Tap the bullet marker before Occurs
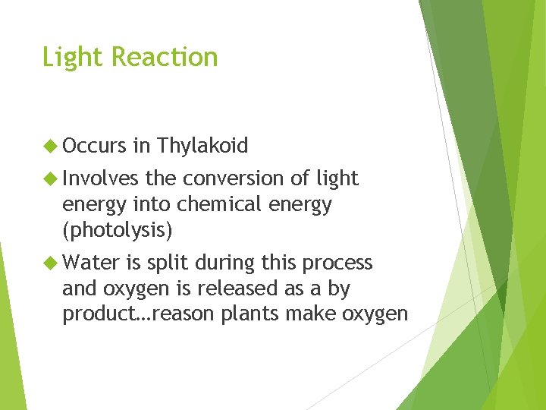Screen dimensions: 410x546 click(x=51, y=145)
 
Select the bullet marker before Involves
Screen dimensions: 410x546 click(x=51, y=178)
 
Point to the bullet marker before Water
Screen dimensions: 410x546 click(x=51, y=263)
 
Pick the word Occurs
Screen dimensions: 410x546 click(x=94, y=145)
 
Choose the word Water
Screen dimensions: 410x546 click(x=91, y=263)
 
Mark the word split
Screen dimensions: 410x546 click(x=168, y=263)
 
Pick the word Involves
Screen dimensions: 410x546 click(x=101, y=178)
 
